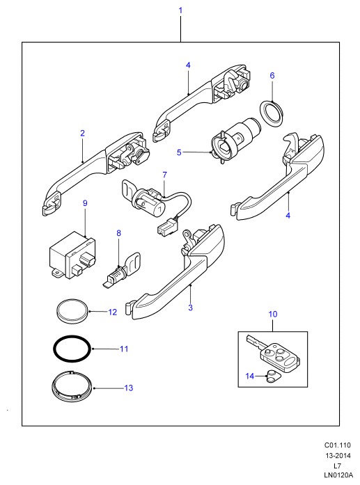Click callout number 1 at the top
[180, 10]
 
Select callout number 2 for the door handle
[82, 134]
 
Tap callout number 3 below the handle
[190, 308]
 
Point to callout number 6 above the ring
[272, 75]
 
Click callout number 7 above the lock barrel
[164, 175]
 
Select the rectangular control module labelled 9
[72, 255]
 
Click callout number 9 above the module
[85, 203]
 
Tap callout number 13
[128, 388]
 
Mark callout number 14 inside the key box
[250, 376]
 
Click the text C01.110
[338, 445]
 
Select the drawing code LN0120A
[338, 475]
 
